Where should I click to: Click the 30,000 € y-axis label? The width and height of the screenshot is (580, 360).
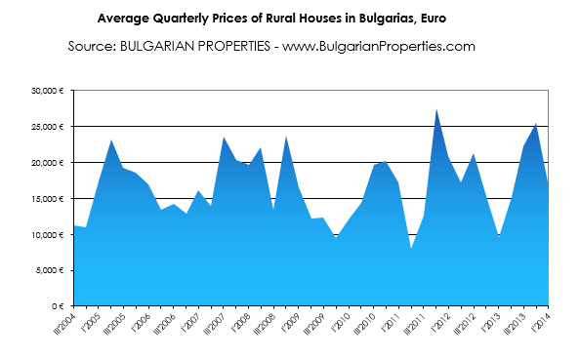click(x=47, y=91)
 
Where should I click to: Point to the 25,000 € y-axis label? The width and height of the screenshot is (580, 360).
click(x=47, y=127)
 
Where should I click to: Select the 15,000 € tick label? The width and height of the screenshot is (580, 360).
click(x=47, y=199)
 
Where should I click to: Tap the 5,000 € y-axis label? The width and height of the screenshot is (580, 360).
click(x=49, y=270)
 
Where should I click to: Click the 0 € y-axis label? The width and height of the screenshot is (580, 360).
click(x=58, y=306)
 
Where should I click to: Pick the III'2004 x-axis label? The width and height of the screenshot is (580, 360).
click(x=64, y=324)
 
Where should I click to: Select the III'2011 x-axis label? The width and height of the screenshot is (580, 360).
click(x=414, y=324)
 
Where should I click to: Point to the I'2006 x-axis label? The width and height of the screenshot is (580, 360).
click(x=142, y=322)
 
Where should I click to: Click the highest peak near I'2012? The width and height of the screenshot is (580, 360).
click(x=436, y=109)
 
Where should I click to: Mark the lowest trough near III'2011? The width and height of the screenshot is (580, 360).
click(x=411, y=249)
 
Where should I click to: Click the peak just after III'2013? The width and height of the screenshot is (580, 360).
click(x=536, y=124)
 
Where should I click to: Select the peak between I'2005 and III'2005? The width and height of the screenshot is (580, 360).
click(x=111, y=140)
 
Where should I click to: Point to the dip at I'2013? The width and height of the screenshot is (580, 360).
click(x=499, y=236)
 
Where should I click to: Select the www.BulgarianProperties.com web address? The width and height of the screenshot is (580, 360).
click(x=379, y=47)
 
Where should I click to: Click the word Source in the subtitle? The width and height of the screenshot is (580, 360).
click(x=92, y=47)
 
